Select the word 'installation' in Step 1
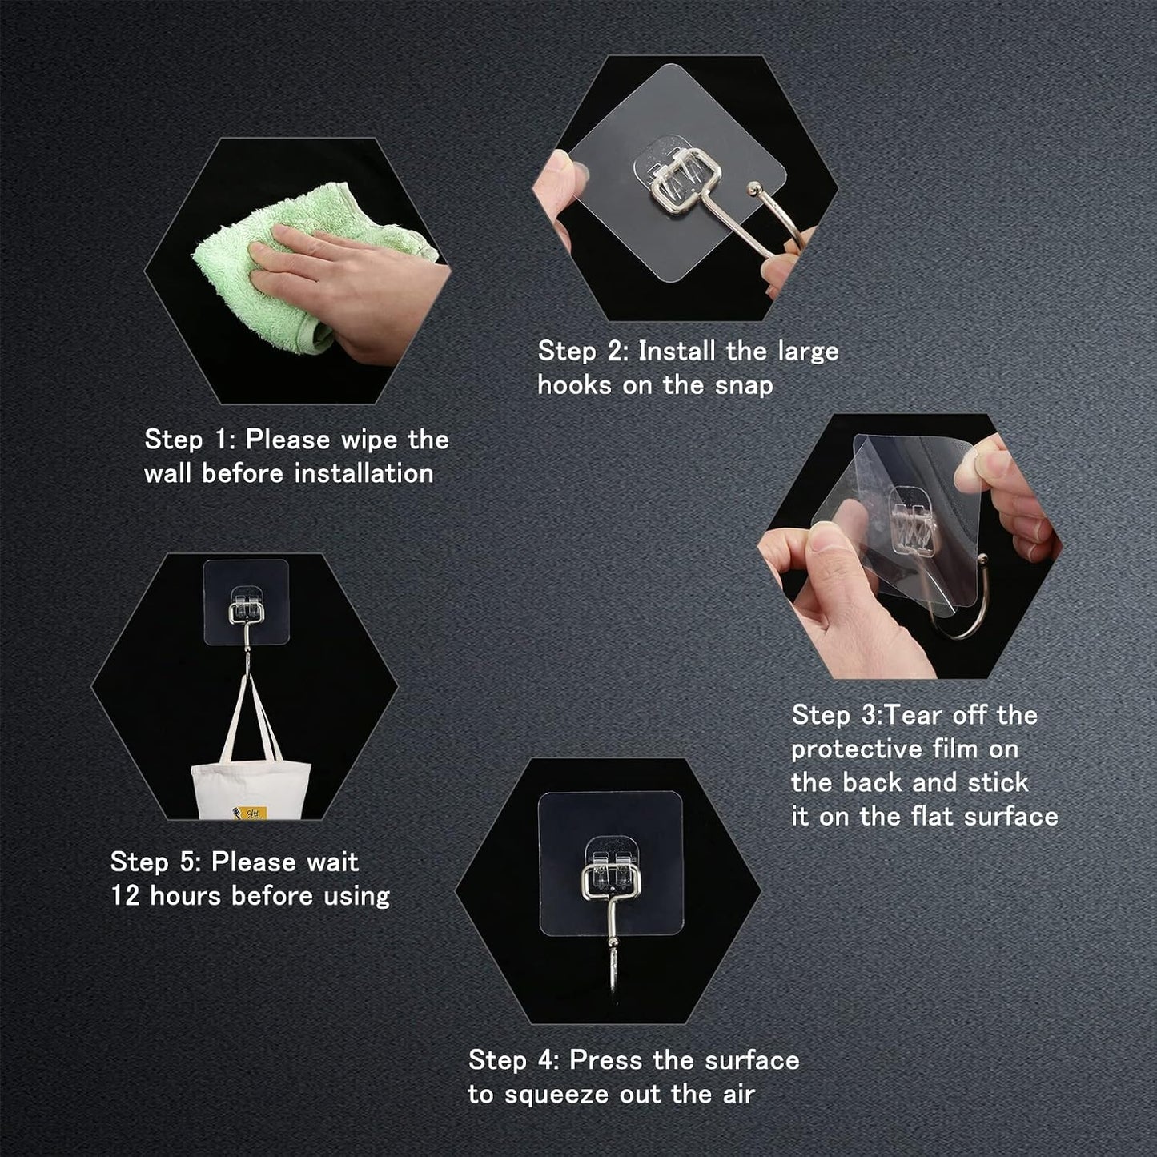pos(364,474)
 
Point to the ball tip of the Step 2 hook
pos(752,191)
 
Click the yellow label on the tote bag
pos(249,813)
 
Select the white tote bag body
pos(251,791)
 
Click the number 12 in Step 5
pos(125,897)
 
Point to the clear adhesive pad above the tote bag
pos(246,602)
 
